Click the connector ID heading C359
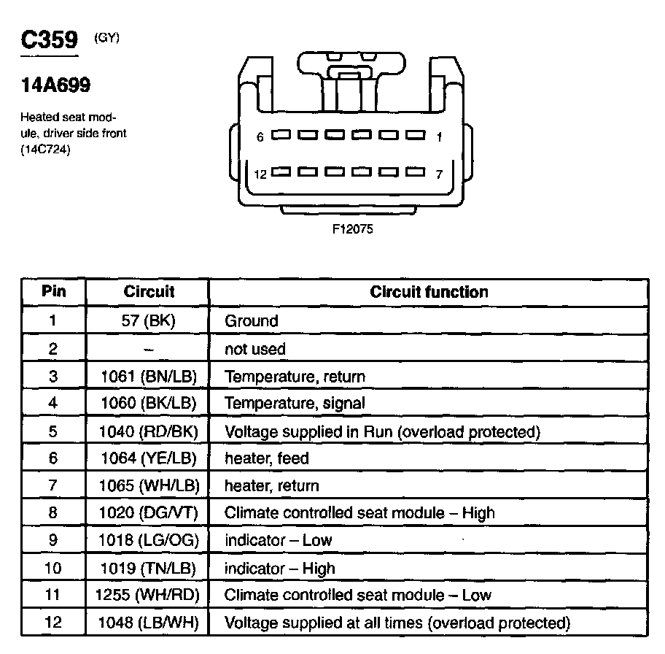49,40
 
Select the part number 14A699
55,85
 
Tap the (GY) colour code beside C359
106,37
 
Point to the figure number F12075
353,228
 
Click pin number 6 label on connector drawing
260,136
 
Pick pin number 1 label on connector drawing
439,136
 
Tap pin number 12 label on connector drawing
261,174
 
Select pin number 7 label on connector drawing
438,174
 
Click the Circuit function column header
429,292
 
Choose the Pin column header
53,292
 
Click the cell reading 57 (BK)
148,320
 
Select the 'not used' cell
254,349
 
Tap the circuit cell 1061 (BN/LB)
148,377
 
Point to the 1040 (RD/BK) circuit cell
148,431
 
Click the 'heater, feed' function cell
266,458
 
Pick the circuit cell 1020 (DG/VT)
148,513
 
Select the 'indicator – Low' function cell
278,540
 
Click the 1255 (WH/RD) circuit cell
148,595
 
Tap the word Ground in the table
251,320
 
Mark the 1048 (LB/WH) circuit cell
148,623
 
